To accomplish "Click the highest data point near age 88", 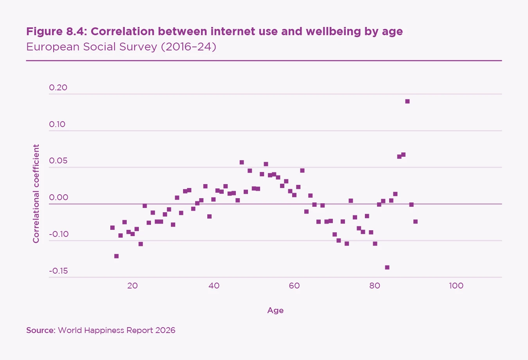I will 407,101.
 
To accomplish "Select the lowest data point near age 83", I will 387,267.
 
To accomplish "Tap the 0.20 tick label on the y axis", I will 58,88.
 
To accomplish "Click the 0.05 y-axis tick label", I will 58,161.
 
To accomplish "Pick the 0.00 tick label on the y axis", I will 58,197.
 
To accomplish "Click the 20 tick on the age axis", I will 133,286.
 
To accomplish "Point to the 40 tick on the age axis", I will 214,286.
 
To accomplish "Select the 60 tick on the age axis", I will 294,286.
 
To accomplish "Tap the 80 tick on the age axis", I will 375,286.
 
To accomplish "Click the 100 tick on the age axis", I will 456,286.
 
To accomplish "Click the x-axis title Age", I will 275,310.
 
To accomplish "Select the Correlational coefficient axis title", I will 36,193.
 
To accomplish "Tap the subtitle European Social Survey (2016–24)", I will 121,47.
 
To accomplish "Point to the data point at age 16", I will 116,256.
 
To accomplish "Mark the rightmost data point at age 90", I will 415,221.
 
